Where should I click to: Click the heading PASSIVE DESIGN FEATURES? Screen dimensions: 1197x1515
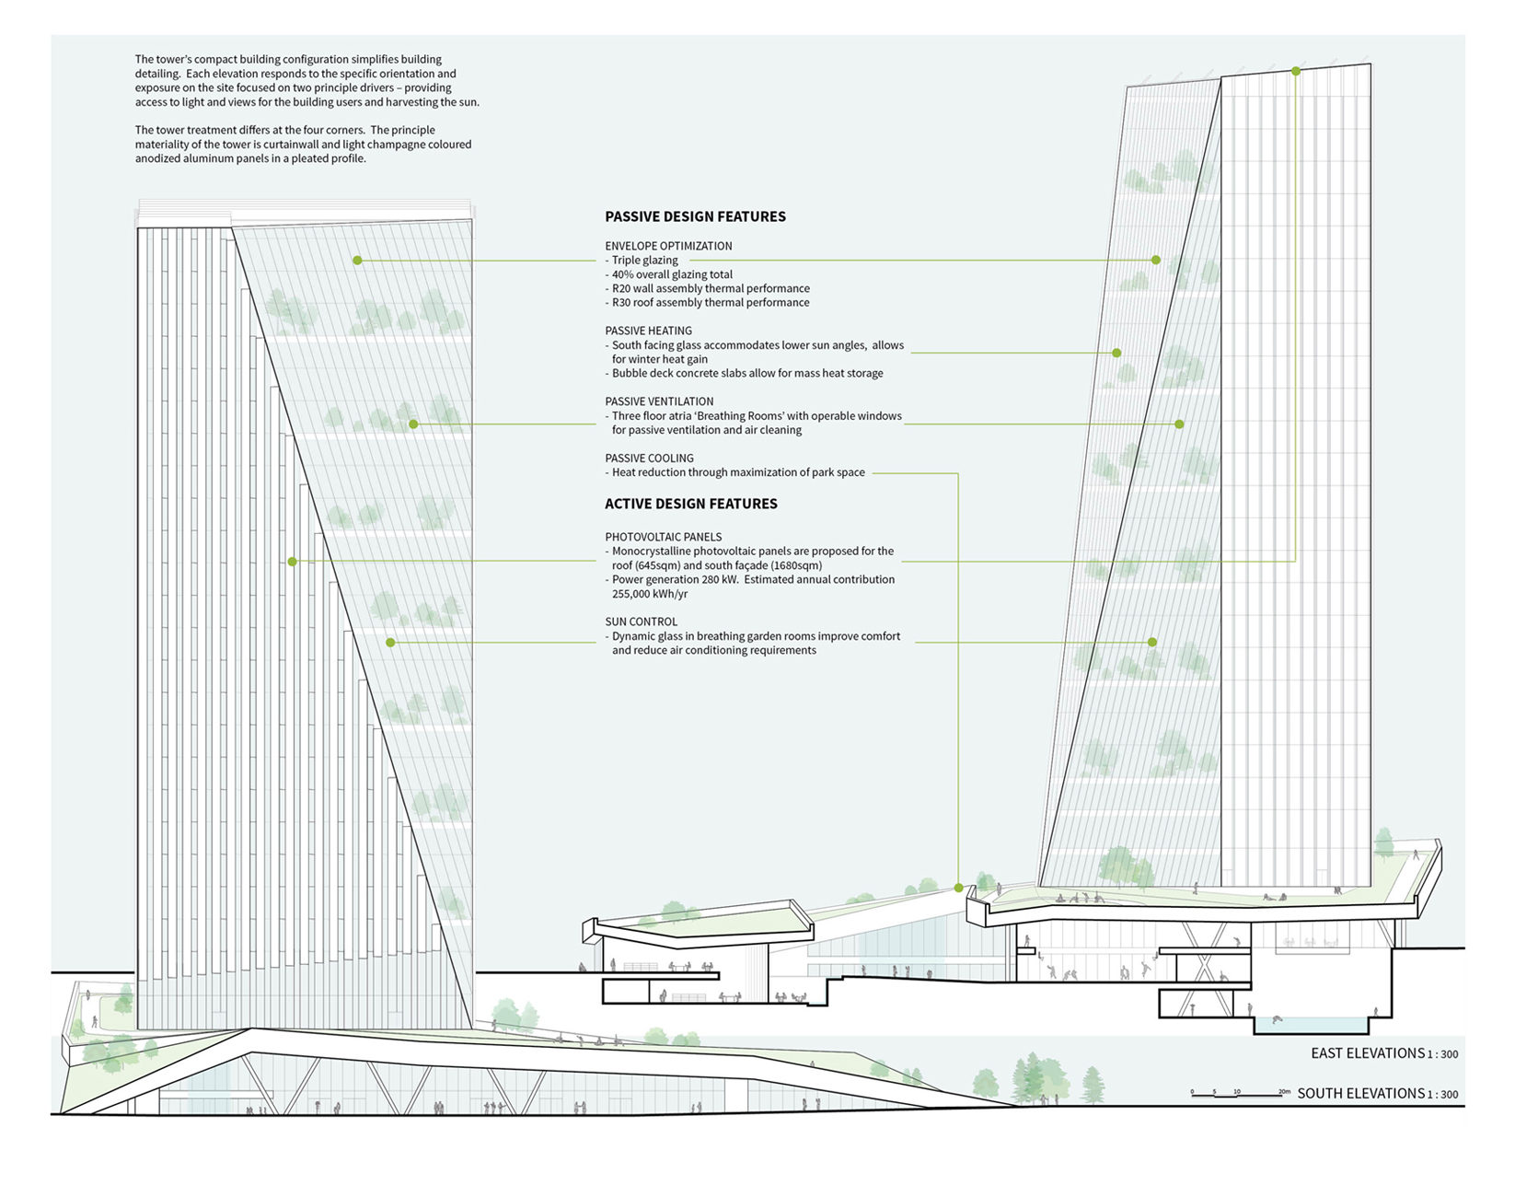[x=695, y=216]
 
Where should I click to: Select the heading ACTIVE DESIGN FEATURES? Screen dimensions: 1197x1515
[x=690, y=504]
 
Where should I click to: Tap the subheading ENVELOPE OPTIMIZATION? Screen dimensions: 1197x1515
[x=668, y=246]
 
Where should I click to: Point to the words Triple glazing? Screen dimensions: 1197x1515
[x=644, y=261]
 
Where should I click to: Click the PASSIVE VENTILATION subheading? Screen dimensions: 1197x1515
[x=659, y=401]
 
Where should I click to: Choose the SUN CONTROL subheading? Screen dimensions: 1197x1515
[x=641, y=622]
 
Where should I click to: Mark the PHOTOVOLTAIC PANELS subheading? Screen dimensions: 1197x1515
[x=663, y=537]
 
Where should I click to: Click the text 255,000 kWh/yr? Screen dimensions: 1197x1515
[x=649, y=594]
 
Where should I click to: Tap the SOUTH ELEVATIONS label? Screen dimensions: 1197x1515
[x=1360, y=1094]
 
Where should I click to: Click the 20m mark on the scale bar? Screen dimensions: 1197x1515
[x=1284, y=1092]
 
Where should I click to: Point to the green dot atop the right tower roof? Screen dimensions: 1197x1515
[x=1296, y=71]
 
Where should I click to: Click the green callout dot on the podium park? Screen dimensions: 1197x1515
[x=958, y=888]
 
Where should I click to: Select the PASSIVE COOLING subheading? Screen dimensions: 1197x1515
[x=649, y=458]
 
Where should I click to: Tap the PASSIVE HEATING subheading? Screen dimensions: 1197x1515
[x=648, y=331]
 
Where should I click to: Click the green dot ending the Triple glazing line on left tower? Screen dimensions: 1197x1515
[x=357, y=261]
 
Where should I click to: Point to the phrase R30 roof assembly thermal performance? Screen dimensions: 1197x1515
[x=711, y=302]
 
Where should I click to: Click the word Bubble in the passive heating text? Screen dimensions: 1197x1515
[x=630, y=373]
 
